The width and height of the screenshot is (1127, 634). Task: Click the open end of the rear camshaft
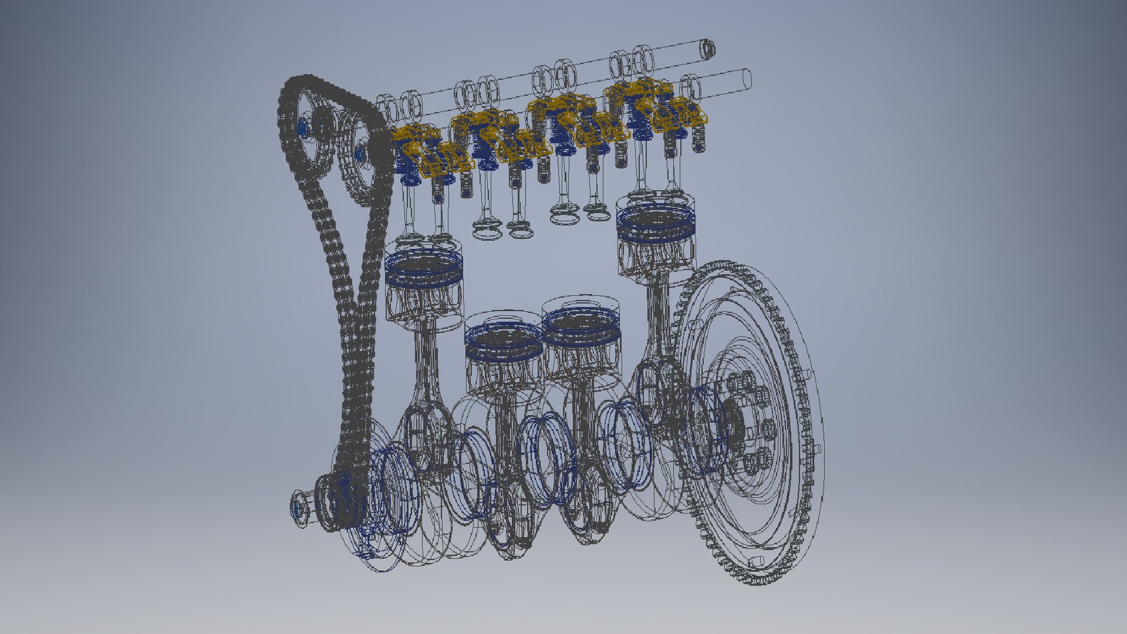[x=708, y=48]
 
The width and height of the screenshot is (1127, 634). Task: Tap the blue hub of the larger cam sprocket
[x=303, y=127]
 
